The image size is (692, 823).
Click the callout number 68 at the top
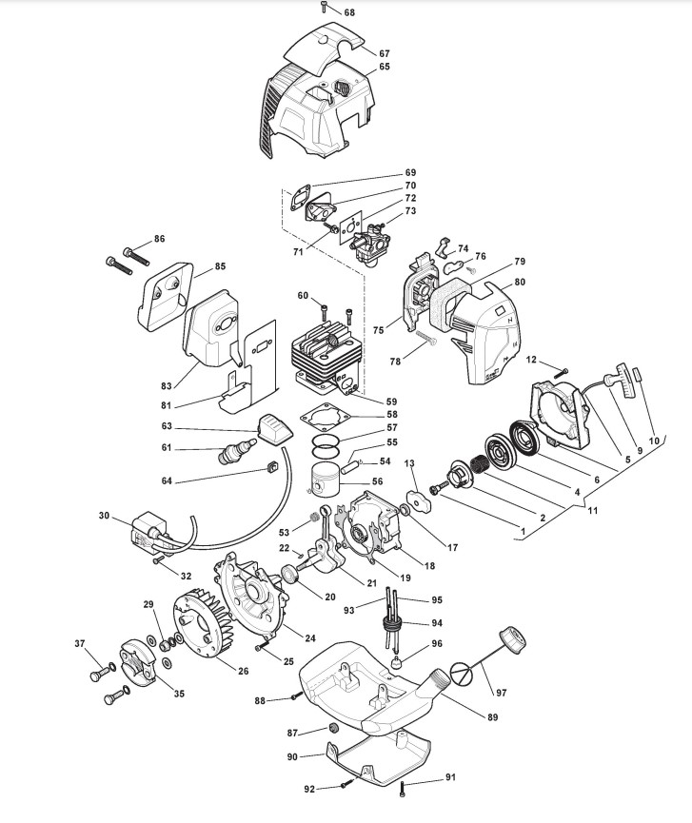tap(348, 12)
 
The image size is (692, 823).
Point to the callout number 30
tap(104, 516)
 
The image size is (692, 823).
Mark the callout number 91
tap(450, 777)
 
